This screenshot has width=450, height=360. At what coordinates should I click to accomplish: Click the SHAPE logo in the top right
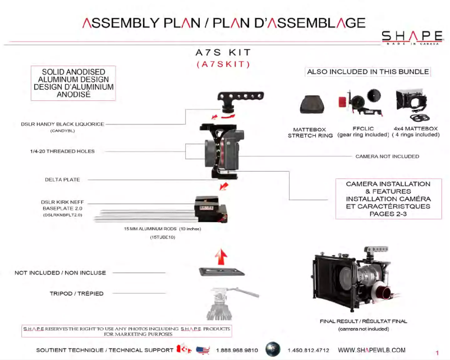(x=412, y=38)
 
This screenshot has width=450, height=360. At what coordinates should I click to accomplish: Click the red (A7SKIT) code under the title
(x=223, y=64)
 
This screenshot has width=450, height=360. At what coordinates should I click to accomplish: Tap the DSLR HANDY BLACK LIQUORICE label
(x=62, y=124)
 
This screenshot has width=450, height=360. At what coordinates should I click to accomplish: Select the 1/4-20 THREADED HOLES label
(x=62, y=151)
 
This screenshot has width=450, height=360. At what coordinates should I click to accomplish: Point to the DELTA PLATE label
(x=62, y=179)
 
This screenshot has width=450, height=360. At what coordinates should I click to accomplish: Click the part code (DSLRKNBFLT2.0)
(x=62, y=214)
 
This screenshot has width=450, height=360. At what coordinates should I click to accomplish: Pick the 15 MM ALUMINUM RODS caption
(x=163, y=229)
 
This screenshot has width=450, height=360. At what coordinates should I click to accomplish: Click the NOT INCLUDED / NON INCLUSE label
(x=60, y=273)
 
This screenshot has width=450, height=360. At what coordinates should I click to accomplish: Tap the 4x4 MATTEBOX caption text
(x=416, y=129)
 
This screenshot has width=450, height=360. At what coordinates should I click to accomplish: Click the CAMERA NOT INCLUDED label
(x=387, y=156)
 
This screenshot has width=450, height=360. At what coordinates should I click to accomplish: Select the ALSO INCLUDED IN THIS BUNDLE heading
(x=368, y=72)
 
